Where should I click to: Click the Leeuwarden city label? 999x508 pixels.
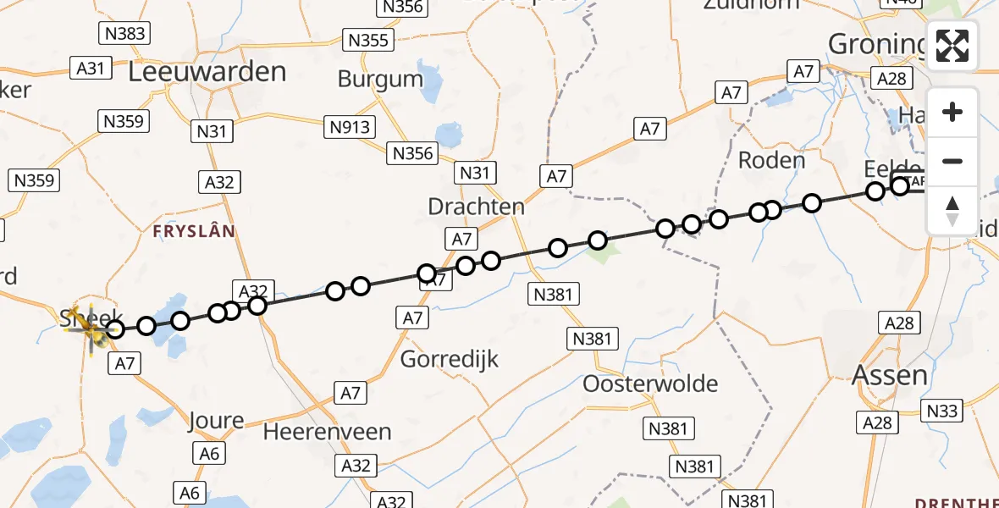(x=207, y=72)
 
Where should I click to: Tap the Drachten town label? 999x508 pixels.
(x=476, y=207)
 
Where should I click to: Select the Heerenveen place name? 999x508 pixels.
(x=327, y=432)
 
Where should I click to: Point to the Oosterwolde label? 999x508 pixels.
(x=650, y=384)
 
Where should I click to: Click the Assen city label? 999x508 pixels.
(x=890, y=374)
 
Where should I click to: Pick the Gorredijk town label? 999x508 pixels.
(x=449, y=359)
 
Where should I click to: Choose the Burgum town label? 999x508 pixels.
(x=380, y=80)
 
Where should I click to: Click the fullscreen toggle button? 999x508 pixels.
(x=952, y=46)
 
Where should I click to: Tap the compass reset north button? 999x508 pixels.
(x=952, y=211)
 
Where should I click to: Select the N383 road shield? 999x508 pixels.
(x=124, y=34)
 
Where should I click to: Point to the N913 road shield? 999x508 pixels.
(x=351, y=127)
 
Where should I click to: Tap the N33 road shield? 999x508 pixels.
(x=942, y=411)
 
